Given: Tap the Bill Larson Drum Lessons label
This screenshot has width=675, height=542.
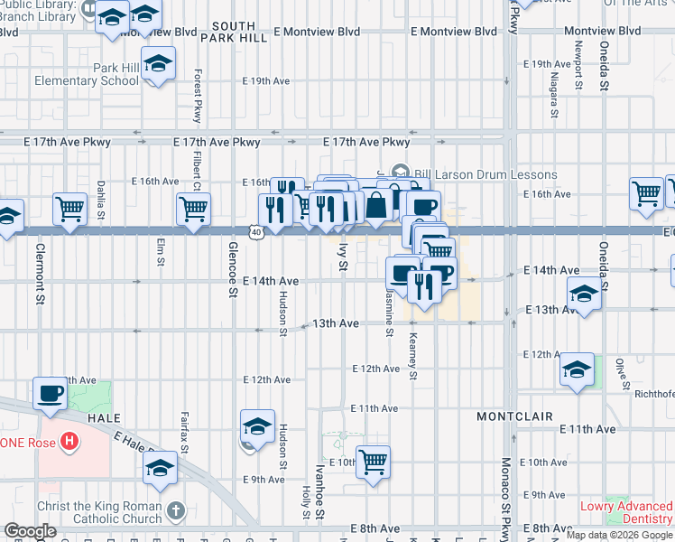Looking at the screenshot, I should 485,174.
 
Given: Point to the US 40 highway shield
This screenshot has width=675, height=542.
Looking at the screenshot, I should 257,232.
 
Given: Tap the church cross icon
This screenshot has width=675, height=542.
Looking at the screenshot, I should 175,511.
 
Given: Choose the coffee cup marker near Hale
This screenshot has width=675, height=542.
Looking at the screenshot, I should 51,394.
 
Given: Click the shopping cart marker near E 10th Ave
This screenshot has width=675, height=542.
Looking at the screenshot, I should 373,462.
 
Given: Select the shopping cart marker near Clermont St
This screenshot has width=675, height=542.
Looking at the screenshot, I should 69,209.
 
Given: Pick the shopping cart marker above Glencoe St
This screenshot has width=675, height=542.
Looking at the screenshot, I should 193,209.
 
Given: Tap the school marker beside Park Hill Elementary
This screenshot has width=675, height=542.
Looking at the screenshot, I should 159,64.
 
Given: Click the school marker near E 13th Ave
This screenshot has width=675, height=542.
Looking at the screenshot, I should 584,294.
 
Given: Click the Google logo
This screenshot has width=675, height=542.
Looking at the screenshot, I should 31,532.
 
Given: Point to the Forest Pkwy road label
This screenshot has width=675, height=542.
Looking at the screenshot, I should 196,96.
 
